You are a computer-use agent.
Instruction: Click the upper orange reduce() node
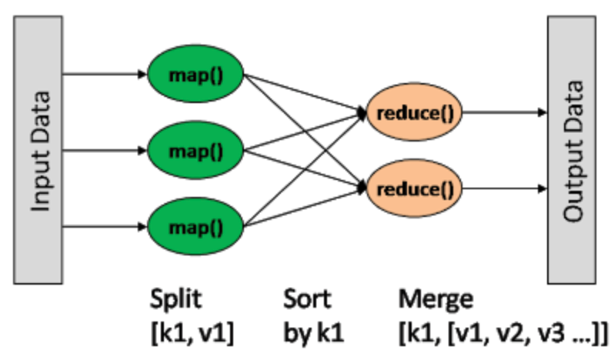click(415, 112)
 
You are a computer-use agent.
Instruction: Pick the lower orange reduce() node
click(415, 187)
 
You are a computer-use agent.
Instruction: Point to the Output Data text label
click(573, 150)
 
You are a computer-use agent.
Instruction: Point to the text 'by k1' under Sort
click(312, 332)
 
